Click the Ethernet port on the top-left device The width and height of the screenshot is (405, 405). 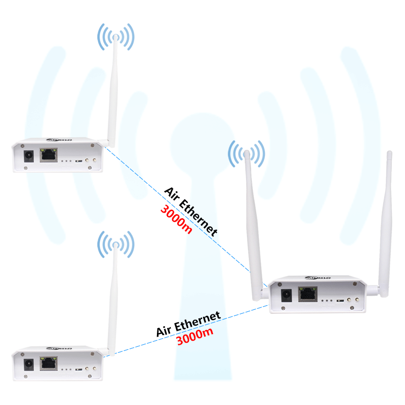tap(49, 155)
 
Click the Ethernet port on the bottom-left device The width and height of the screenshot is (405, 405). tap(49, 363)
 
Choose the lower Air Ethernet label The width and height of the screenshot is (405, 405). tap(188, 324)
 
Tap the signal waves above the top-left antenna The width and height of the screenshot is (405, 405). tap(116, 35)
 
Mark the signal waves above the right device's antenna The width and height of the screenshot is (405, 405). tap(247, 153)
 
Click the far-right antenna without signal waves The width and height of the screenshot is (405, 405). tap(387, 218)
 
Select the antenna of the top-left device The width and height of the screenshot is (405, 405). tap(113, 91)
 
